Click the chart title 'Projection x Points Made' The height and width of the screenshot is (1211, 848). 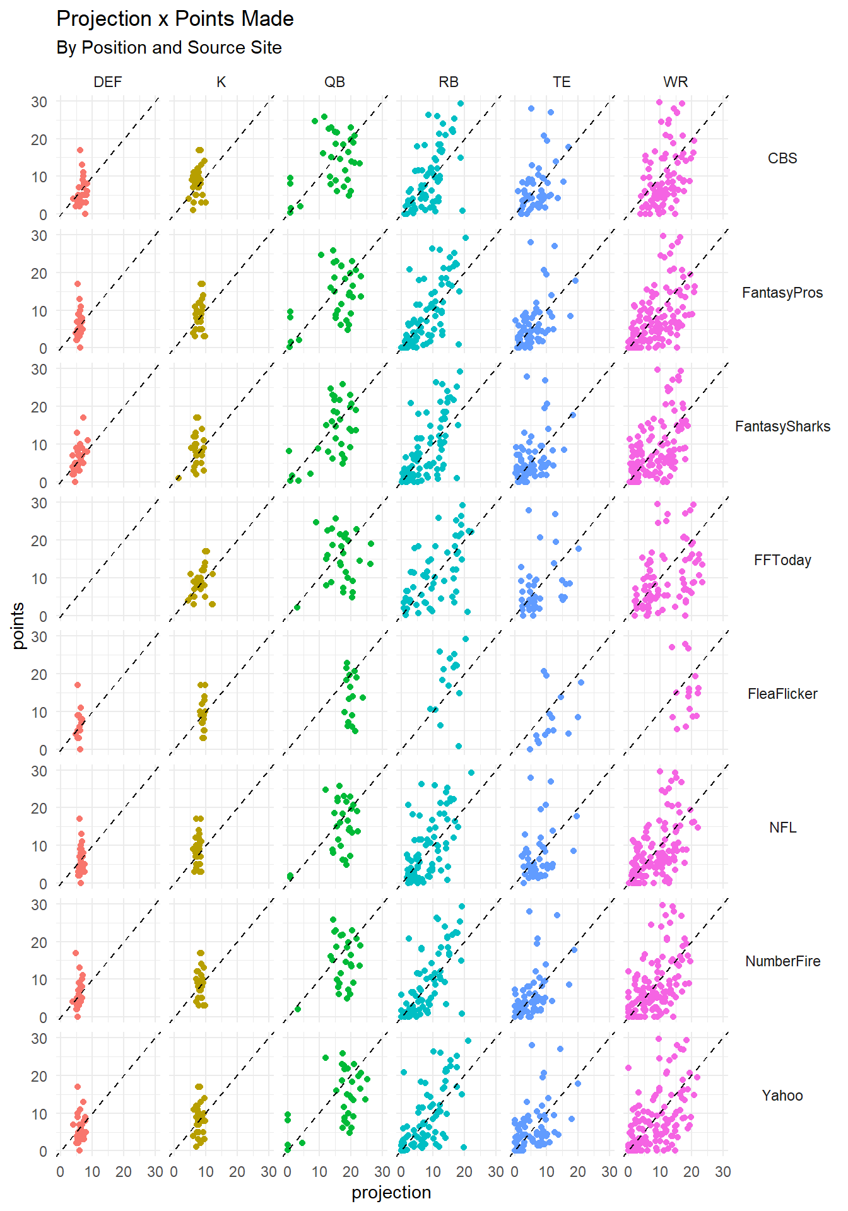tap(175, 19)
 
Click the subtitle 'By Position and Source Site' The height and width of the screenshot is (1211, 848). tap(168, 48)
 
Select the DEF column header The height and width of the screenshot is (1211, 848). tap(108, 82)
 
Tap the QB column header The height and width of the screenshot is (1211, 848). tap(334, 82)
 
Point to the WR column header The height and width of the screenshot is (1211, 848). tap(675, 82)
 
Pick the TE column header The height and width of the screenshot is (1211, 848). tap(562, 82)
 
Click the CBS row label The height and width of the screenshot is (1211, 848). tap(782, 158)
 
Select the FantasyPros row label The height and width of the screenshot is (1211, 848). tap(782, 293)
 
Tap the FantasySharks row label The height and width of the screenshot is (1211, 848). tap(782, 426)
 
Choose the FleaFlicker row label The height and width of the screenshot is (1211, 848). tap(782, 694)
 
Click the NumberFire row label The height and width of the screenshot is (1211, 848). tap(782, 961)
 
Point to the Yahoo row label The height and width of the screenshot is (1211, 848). tap(782, 1096)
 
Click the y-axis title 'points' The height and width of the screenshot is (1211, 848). tap(18, 626)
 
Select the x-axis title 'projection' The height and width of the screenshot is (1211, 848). tap(391, 1193)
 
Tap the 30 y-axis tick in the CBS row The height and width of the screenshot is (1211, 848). tap(39, 102)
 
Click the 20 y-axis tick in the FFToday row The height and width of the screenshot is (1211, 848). tap(39, 541)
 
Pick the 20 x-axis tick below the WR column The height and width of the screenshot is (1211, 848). tap(692, 1172)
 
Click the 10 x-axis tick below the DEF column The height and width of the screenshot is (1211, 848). tap(92, 1172)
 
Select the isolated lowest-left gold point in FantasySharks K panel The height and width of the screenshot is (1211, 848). tap(179, 478)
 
